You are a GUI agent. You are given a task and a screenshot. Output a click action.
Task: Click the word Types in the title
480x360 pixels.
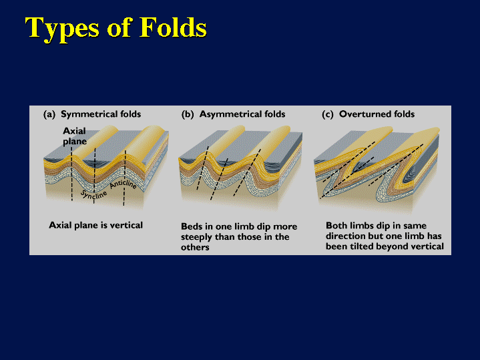[63, 29]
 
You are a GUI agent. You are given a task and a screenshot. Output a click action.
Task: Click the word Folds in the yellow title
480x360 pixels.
[173, 27]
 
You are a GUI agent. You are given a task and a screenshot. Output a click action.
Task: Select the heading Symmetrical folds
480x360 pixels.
[101, 114]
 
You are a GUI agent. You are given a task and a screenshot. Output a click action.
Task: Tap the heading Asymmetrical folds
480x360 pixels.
[242, 114]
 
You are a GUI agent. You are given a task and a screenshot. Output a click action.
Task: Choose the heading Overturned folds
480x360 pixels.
[377, 114]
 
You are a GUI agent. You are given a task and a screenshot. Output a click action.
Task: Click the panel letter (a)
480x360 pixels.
[49, 115]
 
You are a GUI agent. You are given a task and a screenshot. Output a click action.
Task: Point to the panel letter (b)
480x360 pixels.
[188, 115]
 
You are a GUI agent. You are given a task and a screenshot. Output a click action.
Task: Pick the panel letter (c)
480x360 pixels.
[328, 115]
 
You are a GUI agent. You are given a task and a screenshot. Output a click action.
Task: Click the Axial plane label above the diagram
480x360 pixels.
[75, 136]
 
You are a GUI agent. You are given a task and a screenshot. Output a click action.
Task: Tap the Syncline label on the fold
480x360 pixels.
[93, 195]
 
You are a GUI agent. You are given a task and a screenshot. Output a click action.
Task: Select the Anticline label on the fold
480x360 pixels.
[123, 184]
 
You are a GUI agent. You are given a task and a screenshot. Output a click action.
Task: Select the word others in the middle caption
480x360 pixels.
[195, 247]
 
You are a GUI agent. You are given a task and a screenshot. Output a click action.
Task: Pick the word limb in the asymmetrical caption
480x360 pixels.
[243, 226]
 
